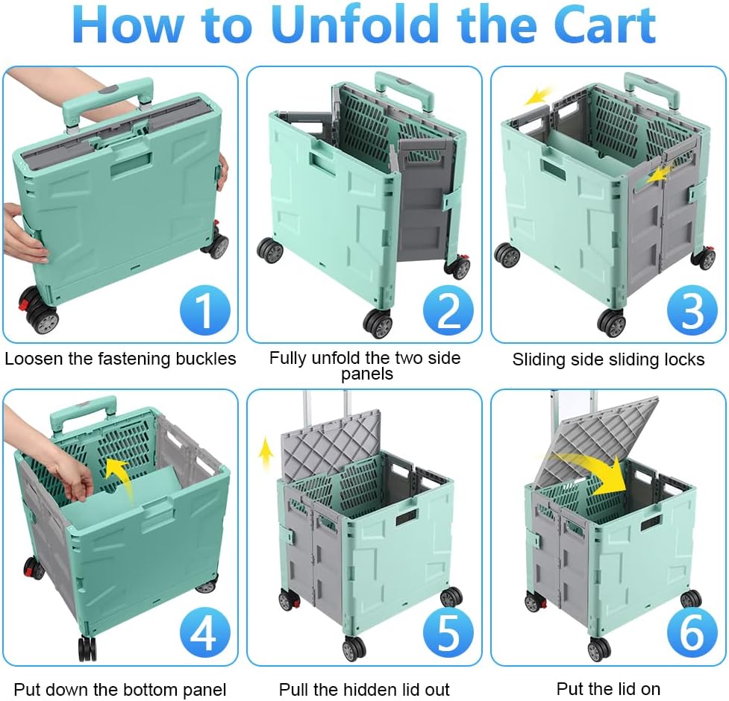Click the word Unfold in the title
coord(358,24)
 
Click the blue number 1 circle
coord(205,309)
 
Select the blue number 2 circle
coord(448,309)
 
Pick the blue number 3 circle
coord(692,309)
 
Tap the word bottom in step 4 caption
coord(145,689)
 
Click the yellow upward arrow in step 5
coord(266,454)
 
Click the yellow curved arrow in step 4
coord(120,479)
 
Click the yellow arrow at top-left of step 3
coord(539,95)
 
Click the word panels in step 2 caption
coord(367,374)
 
